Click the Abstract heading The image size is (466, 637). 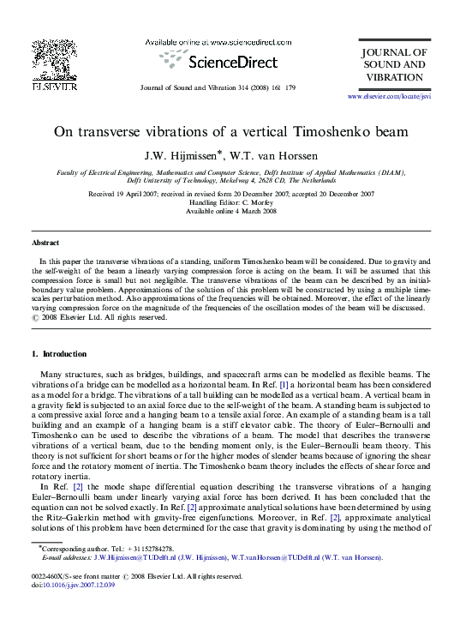pos(45,243)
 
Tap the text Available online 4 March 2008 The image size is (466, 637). pos(231,211)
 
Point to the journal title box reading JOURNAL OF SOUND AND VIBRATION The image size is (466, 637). pos(393,65)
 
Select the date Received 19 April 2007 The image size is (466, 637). pos(126,194)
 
